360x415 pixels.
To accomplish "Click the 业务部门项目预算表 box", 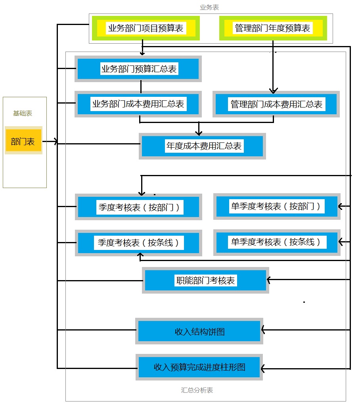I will tap(146, 28).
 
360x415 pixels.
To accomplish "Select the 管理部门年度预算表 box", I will tap(272, 28).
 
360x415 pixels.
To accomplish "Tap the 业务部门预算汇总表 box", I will tap(138, 69).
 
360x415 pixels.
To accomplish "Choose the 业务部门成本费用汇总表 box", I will tap(138, 104).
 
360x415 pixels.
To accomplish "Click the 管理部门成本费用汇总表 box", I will tap(276, 104).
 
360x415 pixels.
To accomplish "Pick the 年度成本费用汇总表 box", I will tap(203, 146).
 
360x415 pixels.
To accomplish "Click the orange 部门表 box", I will tap(23, 141).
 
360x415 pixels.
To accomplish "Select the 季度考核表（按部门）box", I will tap(138, 207).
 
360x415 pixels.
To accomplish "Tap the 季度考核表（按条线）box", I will tap(138, 242).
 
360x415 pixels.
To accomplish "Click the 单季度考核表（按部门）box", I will tap(276, 206).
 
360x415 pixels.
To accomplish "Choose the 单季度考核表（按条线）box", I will tap(276, 242).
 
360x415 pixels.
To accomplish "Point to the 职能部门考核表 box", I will tap(205, 281).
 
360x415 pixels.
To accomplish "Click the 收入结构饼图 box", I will tap(199, 331).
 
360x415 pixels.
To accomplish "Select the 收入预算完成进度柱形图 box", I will tap(199, 367).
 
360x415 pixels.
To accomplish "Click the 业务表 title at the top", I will tap(209, 7).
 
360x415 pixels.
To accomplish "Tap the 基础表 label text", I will tap(23, 113).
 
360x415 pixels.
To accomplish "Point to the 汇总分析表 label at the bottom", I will tap(197, 390).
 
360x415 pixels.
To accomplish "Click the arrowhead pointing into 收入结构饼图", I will tap(263, 330).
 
